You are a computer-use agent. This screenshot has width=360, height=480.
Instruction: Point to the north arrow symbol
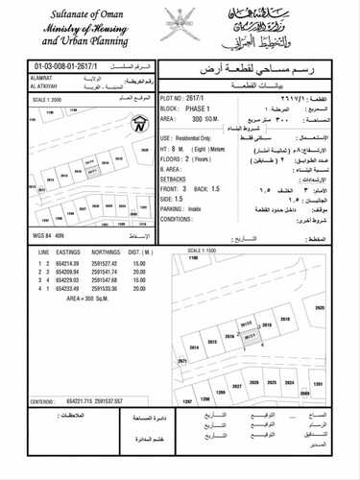[140, 123]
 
